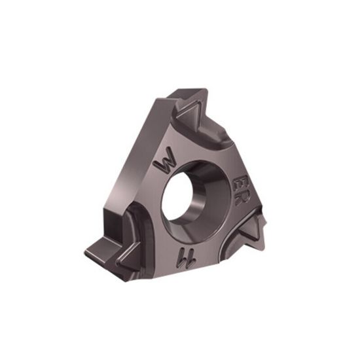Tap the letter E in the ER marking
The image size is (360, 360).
coord(242,180)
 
